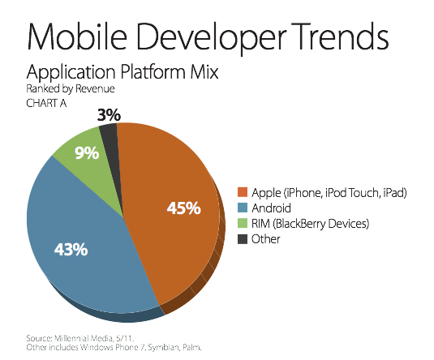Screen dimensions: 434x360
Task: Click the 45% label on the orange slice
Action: tap(184, 208)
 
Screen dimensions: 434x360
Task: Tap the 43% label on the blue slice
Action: tap(71, 249)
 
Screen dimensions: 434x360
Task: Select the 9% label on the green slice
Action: tap(87, 153)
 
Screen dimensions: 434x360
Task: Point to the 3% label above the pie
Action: tap(109, 115)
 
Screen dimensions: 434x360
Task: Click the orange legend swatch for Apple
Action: tap(243, 192)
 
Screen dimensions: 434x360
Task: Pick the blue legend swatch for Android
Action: tap(243, 208)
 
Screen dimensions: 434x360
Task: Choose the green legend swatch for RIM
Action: tap(243, 223)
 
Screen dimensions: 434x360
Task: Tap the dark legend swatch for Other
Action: tap(243, 239)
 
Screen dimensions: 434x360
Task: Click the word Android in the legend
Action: tap(271, 208)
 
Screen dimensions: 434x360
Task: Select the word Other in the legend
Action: tap(266, 239)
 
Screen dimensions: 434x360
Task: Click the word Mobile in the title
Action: tap(77, 36)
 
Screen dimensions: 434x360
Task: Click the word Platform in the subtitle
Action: tap(153, 72)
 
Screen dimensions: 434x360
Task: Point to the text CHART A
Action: tap(46, 103)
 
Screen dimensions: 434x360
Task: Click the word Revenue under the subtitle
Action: tap(95, 89)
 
